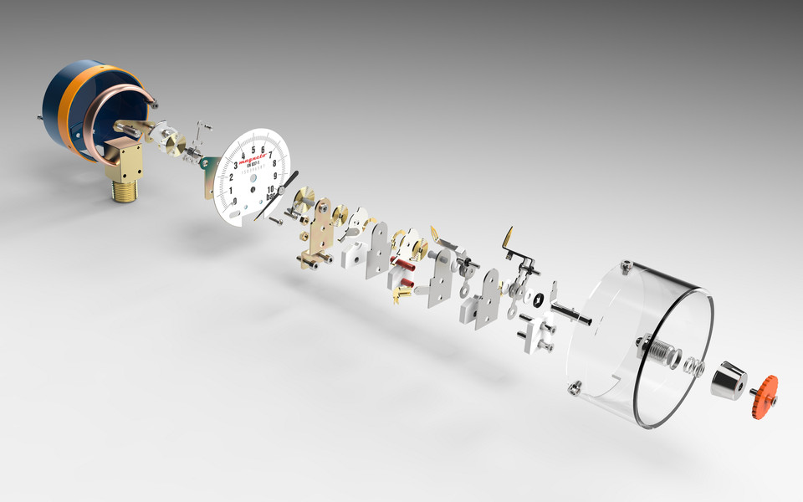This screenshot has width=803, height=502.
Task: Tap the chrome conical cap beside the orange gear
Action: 729,382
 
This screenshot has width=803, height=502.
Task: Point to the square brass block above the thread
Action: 126,161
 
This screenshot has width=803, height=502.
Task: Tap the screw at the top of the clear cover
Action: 625,267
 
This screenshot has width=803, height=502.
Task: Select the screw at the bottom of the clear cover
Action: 574,387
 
